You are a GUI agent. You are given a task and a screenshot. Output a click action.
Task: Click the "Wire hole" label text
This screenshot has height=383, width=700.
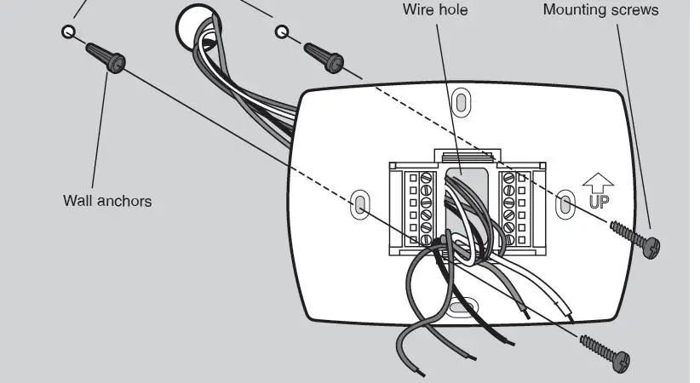pyautogui.click(x=435, y=10)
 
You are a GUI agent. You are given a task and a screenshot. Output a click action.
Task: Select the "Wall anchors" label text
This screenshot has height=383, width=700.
pyautogui.click(x=107, y=201)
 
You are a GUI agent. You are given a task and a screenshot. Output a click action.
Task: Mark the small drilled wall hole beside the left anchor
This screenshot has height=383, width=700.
pyautogui.click(x=67, y=31)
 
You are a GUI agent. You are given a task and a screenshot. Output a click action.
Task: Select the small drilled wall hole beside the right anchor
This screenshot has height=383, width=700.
pyautogui.click(x=282, y=32)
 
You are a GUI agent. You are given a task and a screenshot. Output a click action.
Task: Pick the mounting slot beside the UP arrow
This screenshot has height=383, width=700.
pyautogui.click(x=563, y=203)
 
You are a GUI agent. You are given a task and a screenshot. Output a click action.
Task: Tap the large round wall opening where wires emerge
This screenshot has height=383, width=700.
pyautogui.click(x=193, y=27)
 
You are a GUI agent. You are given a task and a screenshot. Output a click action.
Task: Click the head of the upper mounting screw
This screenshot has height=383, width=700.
pyautogui.click(x=653, y=247)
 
